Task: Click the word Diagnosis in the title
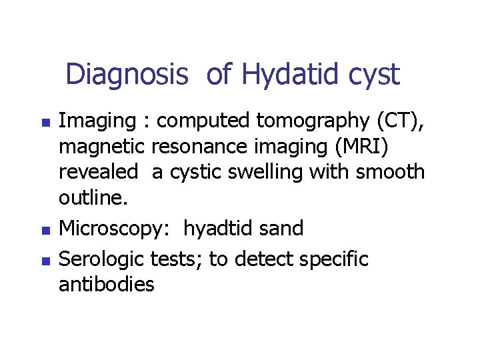tap(127, 74)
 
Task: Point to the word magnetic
tap(102, 146)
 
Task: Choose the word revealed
tap(99, 171)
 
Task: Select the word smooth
tap(390, 171)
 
